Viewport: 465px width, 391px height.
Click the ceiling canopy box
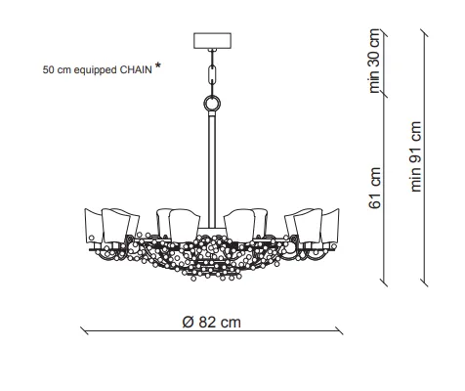click(212, 40)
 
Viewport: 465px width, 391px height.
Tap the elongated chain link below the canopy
click(212, 74)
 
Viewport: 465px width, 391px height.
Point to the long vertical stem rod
click(212, 169)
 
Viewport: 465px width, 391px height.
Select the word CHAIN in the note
click(136, 69)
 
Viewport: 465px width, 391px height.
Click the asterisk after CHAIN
click(158, 65)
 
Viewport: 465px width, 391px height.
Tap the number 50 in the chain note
click(48, 69)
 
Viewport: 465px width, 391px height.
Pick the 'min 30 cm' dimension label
click(374, 61)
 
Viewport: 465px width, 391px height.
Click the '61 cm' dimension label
click(375, 188)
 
